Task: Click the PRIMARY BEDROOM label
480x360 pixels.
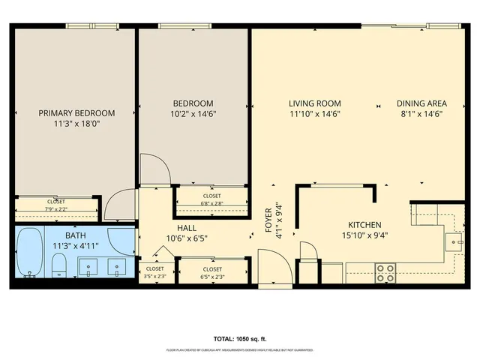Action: (x=77, y=113)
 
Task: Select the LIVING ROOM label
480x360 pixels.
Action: (x=315, y=103)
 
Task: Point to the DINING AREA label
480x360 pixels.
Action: (x=421, y=103)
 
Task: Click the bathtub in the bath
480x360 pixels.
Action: (x=30, y=253)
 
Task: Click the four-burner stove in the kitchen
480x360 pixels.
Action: (x=385, y=273)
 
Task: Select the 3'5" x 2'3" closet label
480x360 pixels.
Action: (x=155, y=271)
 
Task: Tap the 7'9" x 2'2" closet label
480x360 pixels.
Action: (x=56, y=204)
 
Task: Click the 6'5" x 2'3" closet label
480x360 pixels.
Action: (x=212, y=271)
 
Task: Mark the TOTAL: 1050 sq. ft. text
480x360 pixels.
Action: (x=239, y=339)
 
